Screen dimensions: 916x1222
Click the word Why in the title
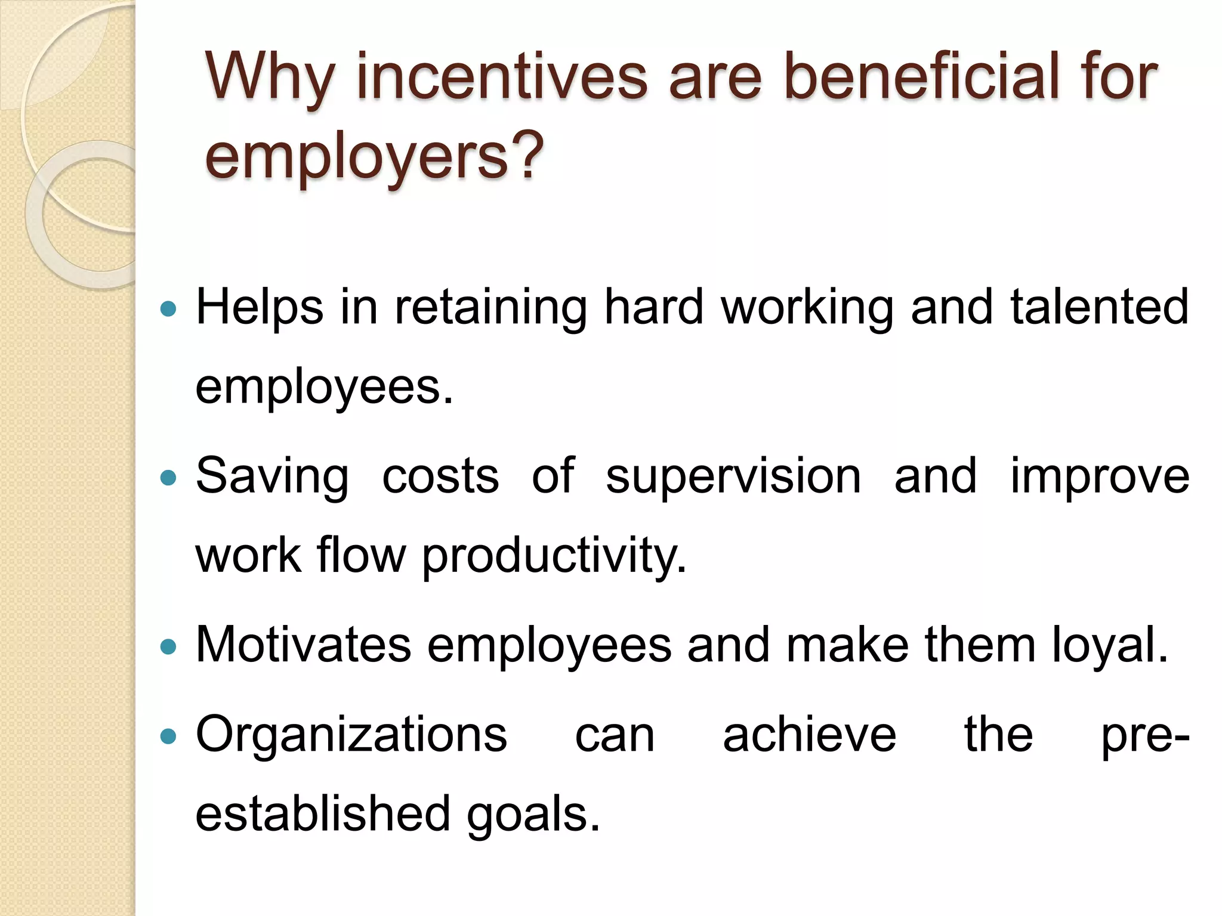[269, 78]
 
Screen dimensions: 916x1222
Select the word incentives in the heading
[502, 78]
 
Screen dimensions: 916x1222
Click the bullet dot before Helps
[169, 308]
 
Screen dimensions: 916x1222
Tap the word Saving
[272, 477]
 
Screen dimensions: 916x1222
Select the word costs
[440, 477]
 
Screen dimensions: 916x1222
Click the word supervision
[733, 477]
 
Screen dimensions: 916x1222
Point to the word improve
[1099, 477]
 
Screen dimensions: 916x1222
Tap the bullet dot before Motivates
[169, 646]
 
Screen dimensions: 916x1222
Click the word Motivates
[303, 645]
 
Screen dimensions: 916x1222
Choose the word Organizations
[351, 736]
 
